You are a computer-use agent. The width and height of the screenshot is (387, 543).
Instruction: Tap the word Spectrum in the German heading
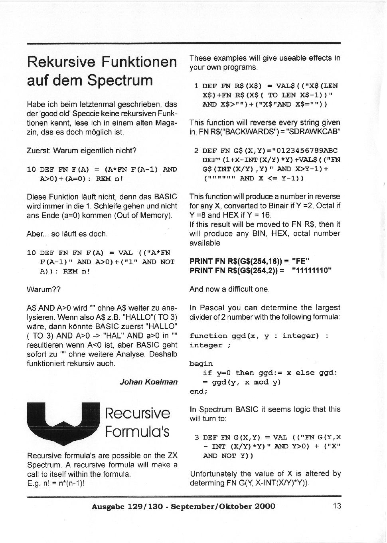[120, 80]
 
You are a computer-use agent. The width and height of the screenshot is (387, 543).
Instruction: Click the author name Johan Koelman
[148, 382]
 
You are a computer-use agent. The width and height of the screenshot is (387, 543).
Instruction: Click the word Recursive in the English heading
[137, 413]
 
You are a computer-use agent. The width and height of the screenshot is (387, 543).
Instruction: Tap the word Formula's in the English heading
[137, 432]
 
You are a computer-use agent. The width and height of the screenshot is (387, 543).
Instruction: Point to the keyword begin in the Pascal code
[201, 364]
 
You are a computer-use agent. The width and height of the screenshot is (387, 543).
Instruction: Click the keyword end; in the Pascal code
[198, 391]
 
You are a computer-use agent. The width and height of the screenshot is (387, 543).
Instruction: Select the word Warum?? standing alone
[43, 289]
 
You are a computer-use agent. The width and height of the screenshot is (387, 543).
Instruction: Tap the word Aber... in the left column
[38, 234]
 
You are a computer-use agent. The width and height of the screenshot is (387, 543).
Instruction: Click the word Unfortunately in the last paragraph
[213, 474]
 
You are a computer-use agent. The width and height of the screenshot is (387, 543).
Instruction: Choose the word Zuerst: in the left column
[39, 151]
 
